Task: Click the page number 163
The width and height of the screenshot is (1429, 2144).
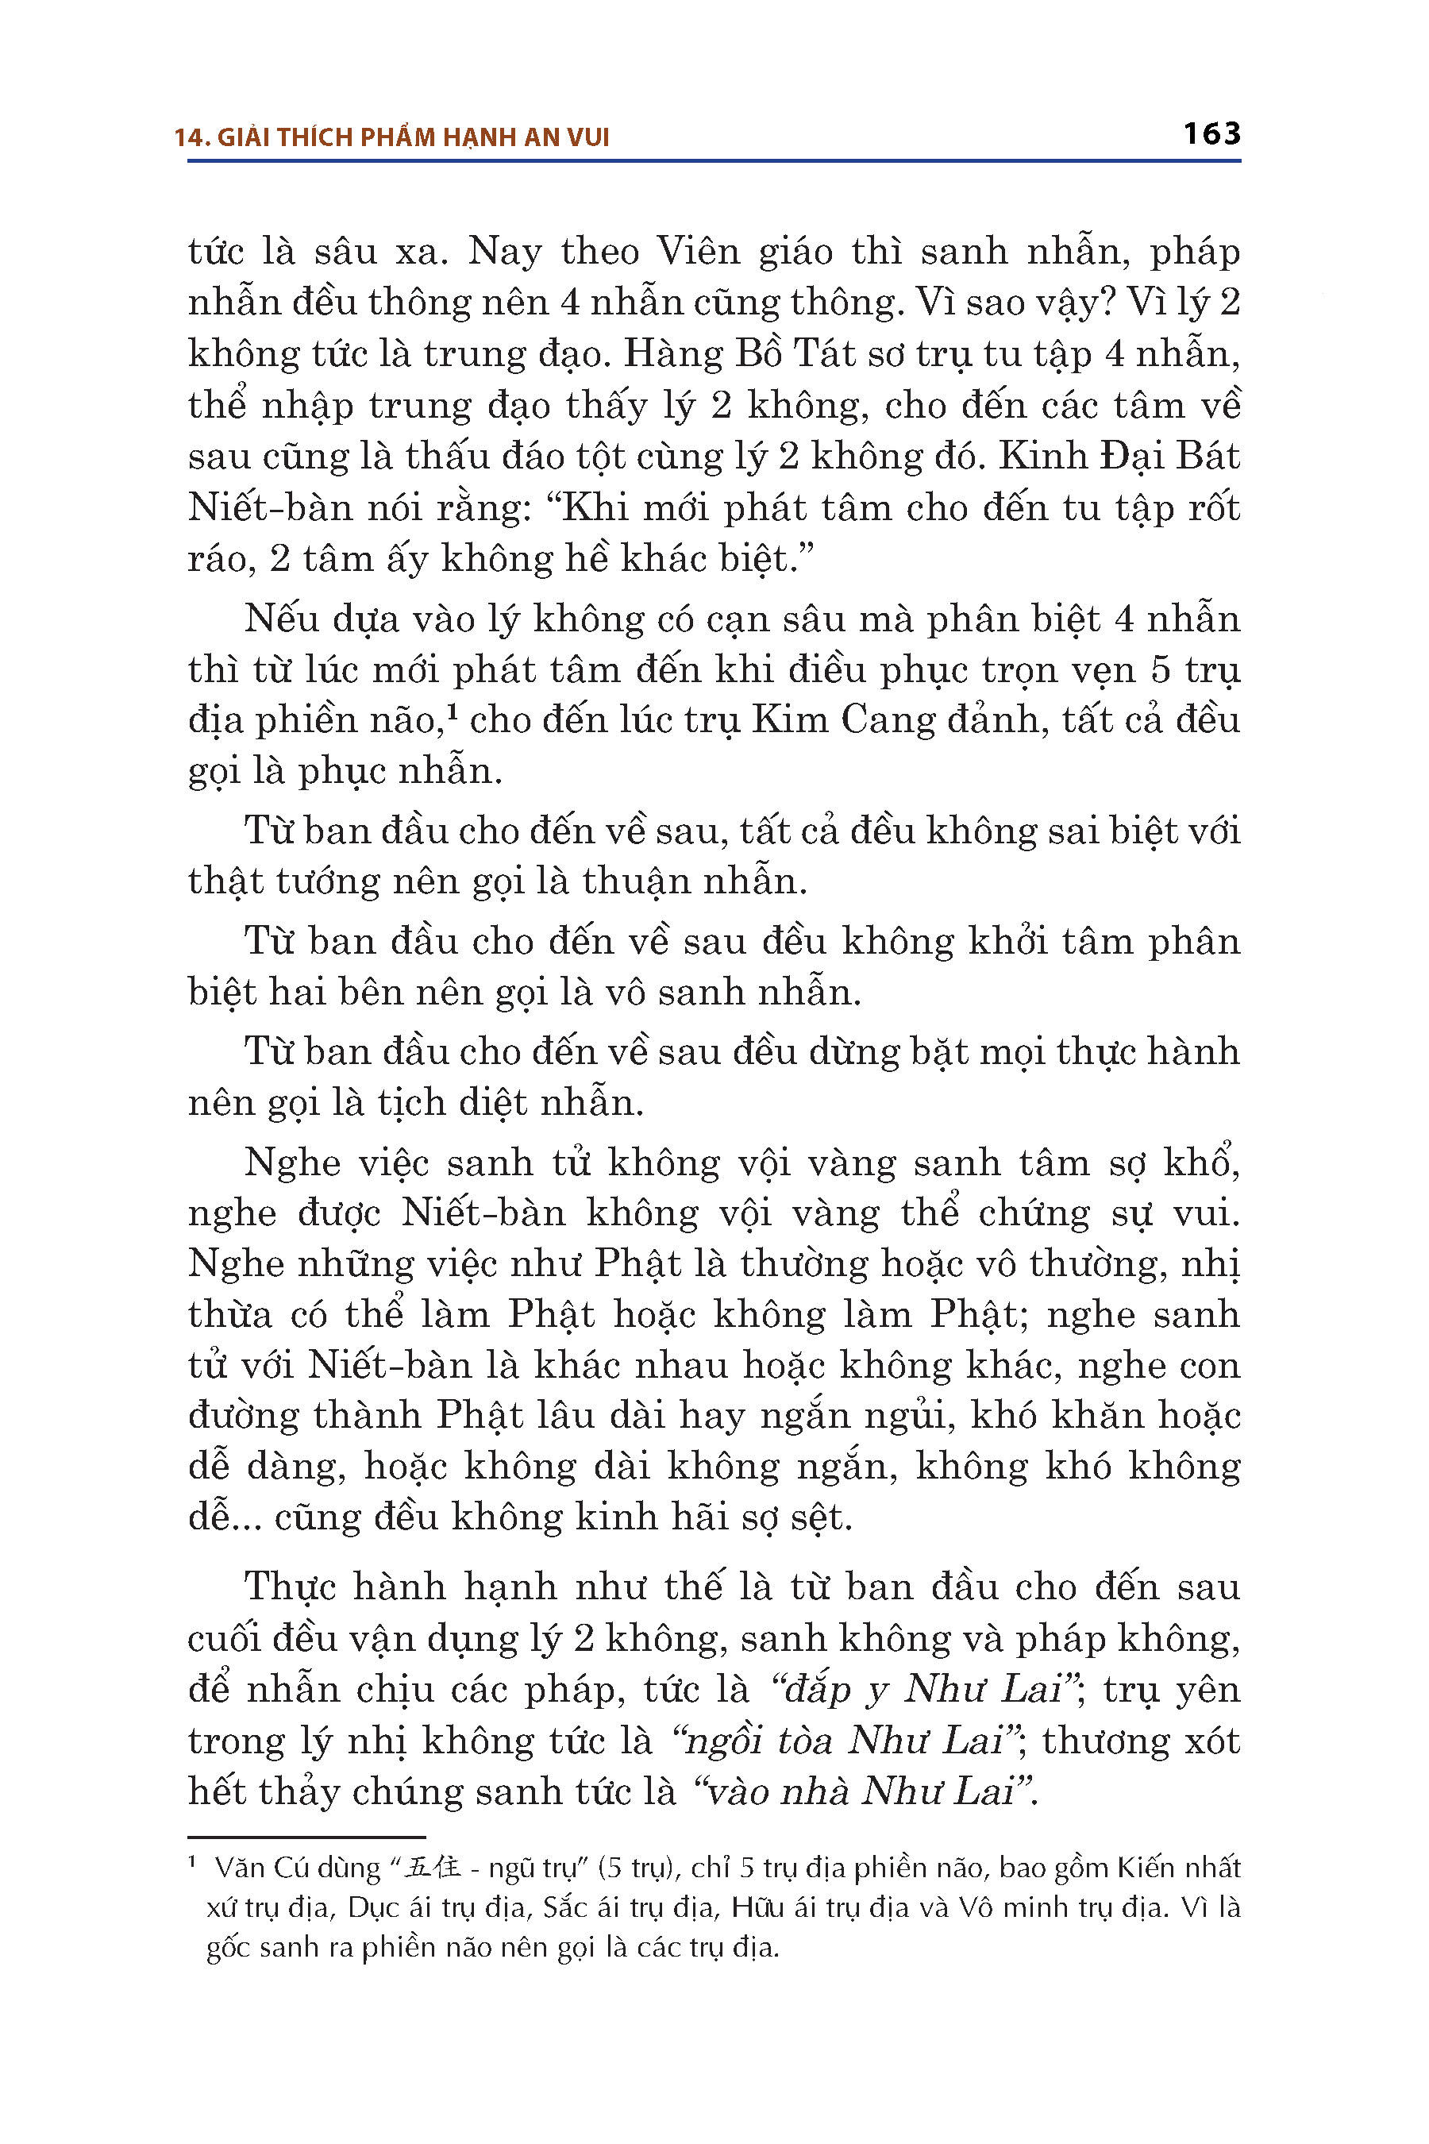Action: pyautogui.click(x=1211, y=134)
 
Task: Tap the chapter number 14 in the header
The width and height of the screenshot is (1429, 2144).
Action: pyautogui.click(x=187, y=137)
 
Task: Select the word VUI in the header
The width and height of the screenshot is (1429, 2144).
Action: pyautogui.click(x=587, y=137)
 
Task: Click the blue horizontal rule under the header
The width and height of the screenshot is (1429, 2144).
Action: pyautogui.click(x=714, y=161)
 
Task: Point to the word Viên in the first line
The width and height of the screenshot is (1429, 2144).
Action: pyautogui.click(x=698, y=252)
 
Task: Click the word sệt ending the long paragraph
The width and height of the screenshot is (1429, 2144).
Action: pyautogui.click(x=820, y=1517)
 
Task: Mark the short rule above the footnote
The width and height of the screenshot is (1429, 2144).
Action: pyautogui.click(x=306, y=1837)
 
